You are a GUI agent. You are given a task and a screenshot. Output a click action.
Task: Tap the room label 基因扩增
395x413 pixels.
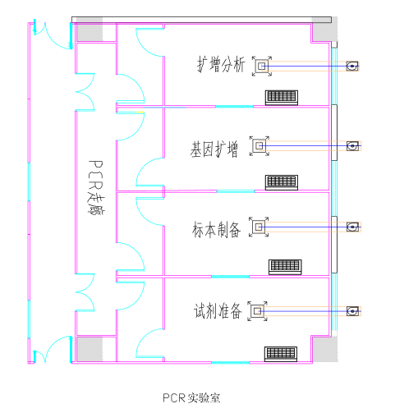click(214, 149)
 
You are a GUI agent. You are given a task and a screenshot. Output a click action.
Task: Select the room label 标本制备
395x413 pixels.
click(217, 230)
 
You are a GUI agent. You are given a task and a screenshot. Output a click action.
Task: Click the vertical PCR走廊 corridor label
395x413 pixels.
click(96, 188)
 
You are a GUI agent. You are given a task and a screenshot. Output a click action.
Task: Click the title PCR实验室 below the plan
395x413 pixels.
click(191, 398)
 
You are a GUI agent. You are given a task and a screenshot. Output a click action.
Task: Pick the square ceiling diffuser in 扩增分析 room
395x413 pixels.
click(262, 66)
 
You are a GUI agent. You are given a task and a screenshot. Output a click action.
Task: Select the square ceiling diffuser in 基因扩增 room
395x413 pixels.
click(260, 147)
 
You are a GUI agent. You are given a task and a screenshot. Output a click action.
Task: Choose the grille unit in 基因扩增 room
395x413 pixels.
click(281, 181)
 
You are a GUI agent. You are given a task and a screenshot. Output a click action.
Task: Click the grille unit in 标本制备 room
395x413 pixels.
click(285, 266)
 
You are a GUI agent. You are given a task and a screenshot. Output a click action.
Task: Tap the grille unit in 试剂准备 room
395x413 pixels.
click(281, 353)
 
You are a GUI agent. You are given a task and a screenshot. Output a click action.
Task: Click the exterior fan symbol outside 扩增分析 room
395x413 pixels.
click(353, 66)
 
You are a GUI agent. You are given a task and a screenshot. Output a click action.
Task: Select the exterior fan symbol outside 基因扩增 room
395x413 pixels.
click(353, 147)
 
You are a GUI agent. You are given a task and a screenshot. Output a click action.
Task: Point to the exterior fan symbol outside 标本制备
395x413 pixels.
click(353, 227)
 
